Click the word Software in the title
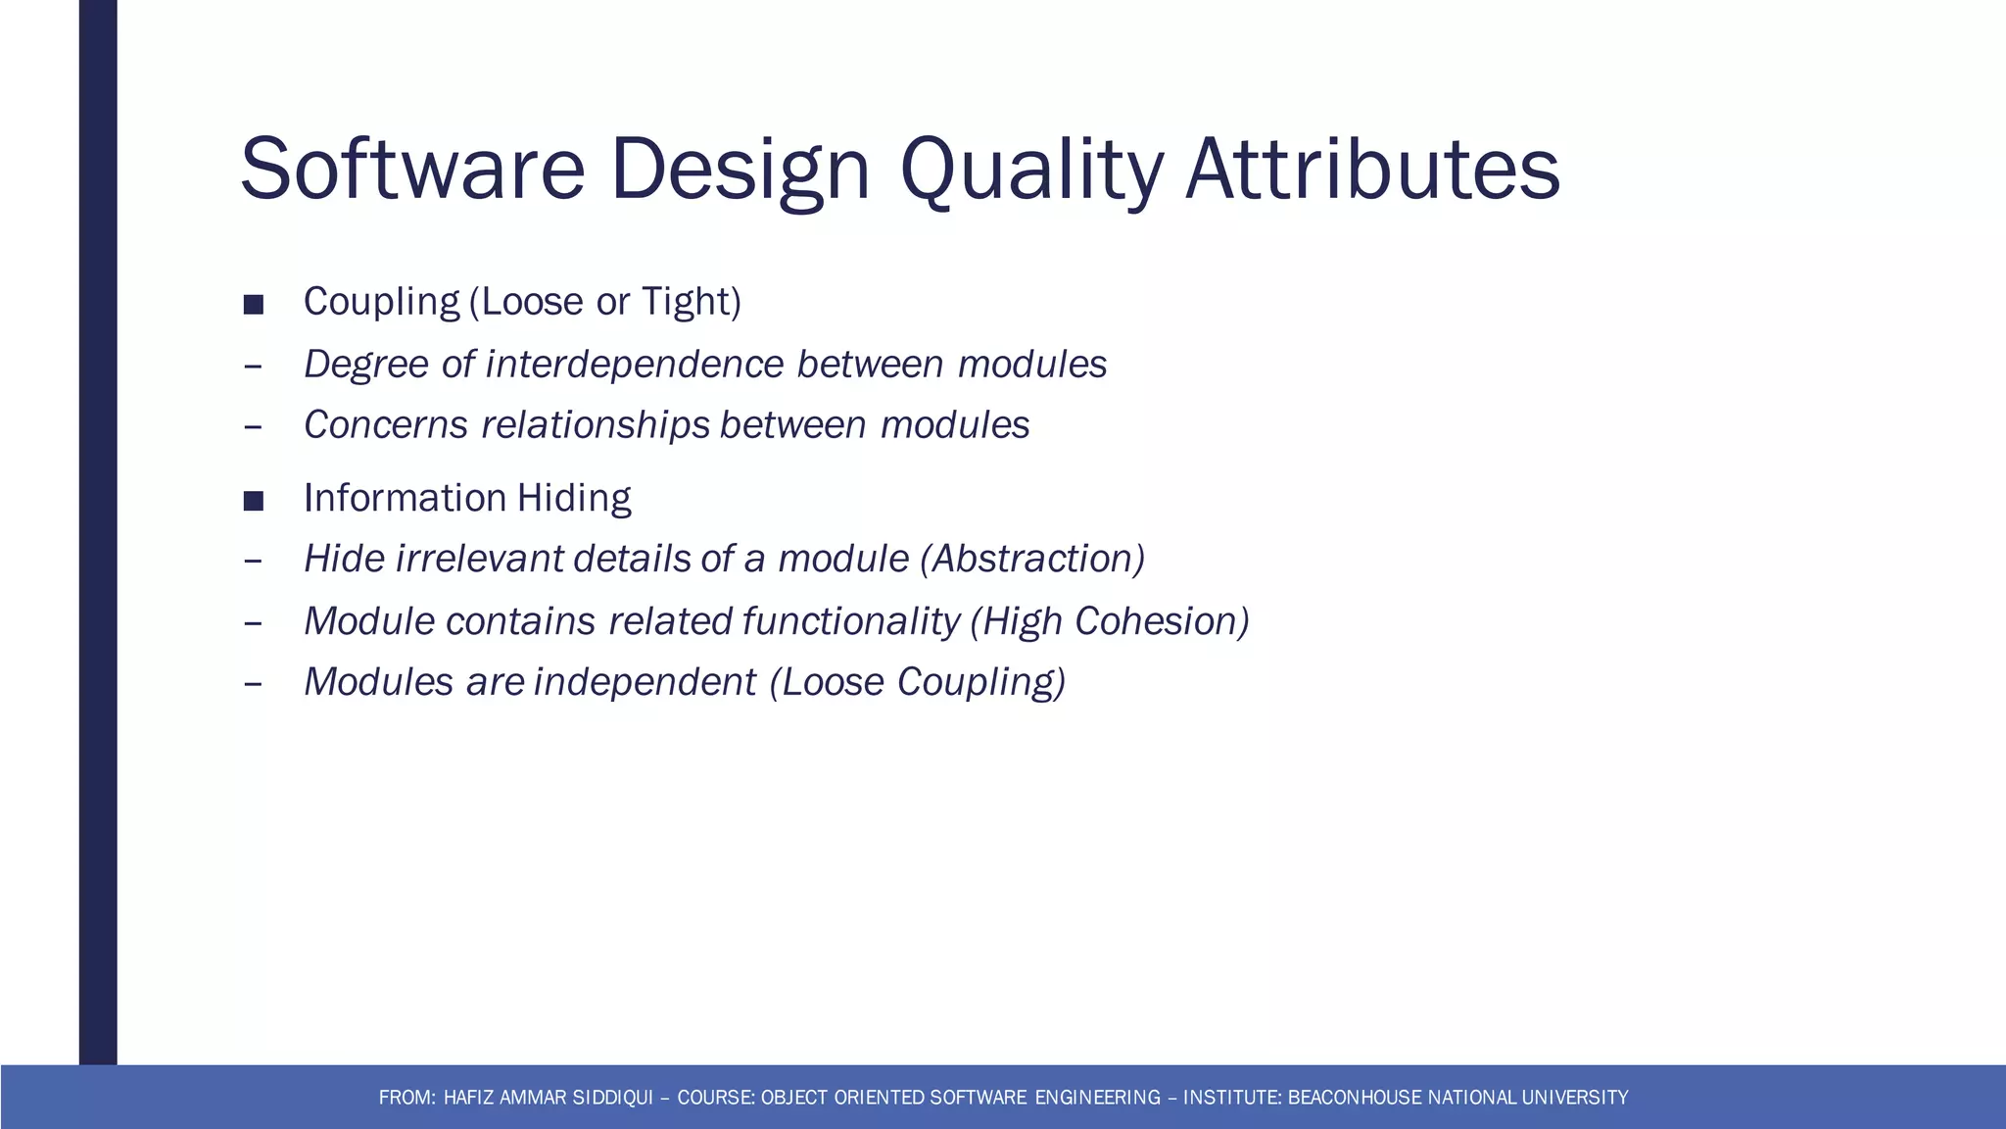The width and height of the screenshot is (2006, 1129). [x=411, y=169]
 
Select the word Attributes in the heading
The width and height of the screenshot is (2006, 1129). [x=1371, y=169]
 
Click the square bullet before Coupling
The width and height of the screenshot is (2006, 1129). [x=254, y=305]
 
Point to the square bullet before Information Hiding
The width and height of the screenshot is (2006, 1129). [x=254, y=502]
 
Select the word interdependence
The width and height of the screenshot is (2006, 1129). [x=634, y=364]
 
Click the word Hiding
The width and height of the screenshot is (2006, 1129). [x=574, y=498]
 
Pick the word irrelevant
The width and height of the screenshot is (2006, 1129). [x=480, y=559]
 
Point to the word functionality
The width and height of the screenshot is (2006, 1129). [x=850, y=621]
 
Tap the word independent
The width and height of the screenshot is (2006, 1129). [x=645, y=682]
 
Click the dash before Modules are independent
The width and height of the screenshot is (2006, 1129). [x=253, y=684]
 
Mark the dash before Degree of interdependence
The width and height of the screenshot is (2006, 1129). [x=253, y=367]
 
